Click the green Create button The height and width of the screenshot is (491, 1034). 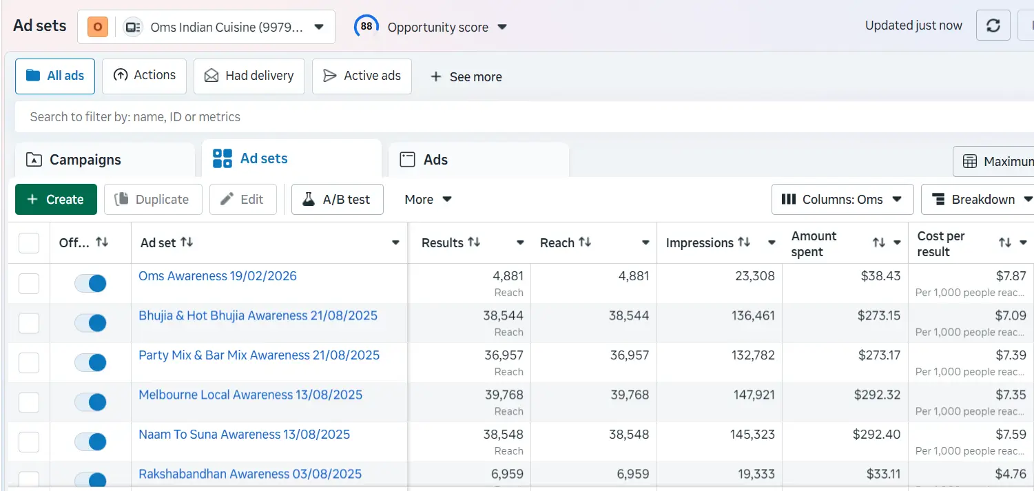point(56,200)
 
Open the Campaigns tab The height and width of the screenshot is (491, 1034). point(85,160)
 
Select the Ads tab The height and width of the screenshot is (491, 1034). point(435,160)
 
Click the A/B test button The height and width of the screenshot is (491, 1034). point(337,200)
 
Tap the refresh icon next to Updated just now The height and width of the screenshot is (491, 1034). point(993,26)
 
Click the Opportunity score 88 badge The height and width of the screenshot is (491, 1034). point(366,27)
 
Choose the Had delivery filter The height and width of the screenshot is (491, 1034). point(249,76)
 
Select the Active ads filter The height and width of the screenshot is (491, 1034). point(362,76)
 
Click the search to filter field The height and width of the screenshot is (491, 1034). point(482,117)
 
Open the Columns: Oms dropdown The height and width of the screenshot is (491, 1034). point(842,200)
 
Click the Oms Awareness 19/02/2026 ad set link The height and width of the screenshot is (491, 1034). point(218,276)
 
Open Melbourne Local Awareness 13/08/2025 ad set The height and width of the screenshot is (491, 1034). point(250,395)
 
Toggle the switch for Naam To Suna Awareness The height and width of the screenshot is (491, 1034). point(90,441)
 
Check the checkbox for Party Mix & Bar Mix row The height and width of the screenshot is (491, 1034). point(29,362)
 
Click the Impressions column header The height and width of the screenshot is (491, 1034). point(699,243)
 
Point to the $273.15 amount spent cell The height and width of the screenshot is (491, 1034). point(878,316)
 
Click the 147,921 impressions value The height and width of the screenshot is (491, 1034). point(753,395)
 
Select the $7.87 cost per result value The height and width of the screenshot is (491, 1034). point(1011,276)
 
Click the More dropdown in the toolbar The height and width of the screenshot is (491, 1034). point(428,200)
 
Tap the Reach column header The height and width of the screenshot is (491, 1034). point(557,243)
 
